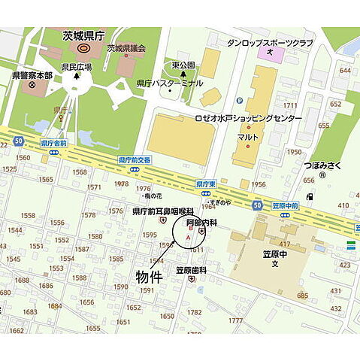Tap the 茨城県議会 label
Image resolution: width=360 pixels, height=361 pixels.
pyautogui.click(x=126, y=47)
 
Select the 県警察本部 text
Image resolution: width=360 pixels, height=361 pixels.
pyautogui.click(x=32, y=76)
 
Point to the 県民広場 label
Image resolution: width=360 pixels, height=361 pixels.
pyautogui.click(x=76, y=67)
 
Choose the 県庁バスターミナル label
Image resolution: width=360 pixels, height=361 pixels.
pyautogui.click(x=170, y=83)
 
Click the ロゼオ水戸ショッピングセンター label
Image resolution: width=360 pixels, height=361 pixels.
pyautogui.click(x=248, y=118)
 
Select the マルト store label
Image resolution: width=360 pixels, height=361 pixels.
pyautogui.click(x=248, y=137)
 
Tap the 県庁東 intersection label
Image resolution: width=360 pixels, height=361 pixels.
pyautogui.click(x=206, y=183)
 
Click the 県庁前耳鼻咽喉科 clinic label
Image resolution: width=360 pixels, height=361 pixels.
pyautogui.click(x=163, y=211)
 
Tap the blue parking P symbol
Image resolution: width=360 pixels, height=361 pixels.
pyautogui.click(x=240, y=100)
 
